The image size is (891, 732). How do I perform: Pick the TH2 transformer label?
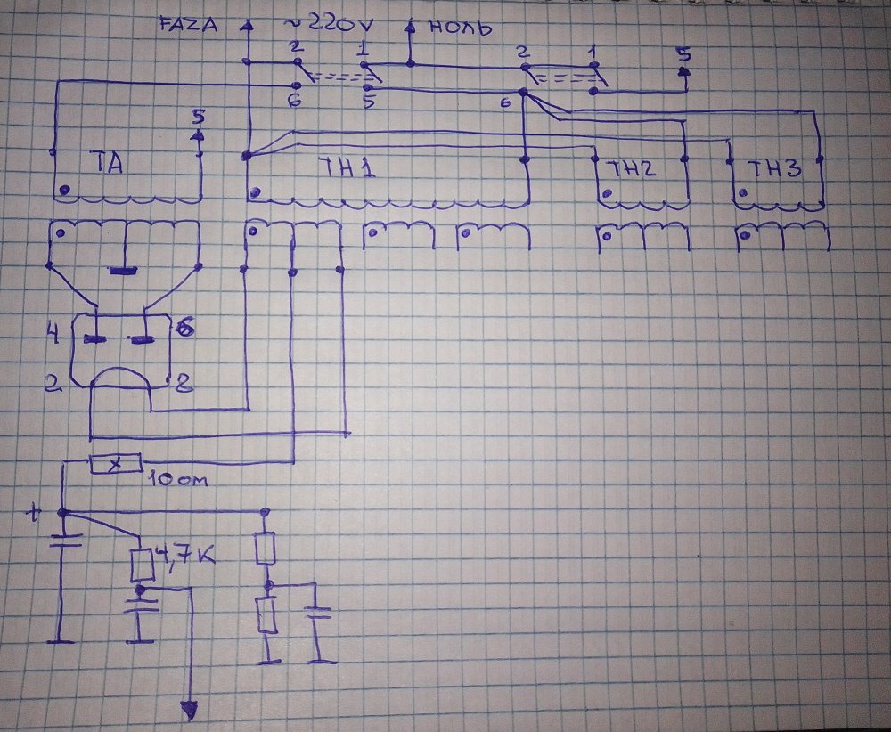pyautogui.click(x=633, y=167)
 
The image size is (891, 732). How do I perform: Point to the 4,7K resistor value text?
pyautogui.click(x=184, y=559)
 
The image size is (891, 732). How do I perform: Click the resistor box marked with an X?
pyautogui.click(x=116, y=464)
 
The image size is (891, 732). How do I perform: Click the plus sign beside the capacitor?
pyautogui.click(x=35, y=514)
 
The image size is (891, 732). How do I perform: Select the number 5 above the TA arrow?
pyautogui.click(x=198, y=117)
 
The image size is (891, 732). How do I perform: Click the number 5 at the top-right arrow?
pyautogui.click(x=683, y=53)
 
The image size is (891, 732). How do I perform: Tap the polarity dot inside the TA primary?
pyautogui.click(x=64, y=190)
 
